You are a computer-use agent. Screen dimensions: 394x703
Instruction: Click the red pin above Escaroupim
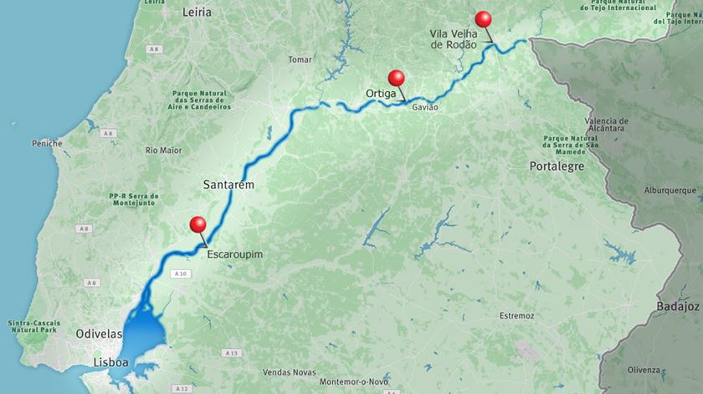[198, 224]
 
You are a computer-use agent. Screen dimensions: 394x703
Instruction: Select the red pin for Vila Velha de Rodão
[482, 18]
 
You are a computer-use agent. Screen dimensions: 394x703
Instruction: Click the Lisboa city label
[110, 363]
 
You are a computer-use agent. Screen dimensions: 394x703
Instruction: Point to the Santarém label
[228, 183]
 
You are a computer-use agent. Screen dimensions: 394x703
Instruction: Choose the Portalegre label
[557, 166]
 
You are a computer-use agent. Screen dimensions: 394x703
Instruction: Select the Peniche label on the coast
[47, 144]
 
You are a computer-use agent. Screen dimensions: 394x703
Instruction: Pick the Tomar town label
[299, 59]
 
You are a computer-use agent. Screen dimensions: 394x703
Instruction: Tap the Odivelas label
[100, 333]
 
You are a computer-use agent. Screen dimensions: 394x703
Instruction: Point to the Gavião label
[425, 109]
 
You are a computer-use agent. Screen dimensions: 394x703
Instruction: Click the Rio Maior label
[163, 151]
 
